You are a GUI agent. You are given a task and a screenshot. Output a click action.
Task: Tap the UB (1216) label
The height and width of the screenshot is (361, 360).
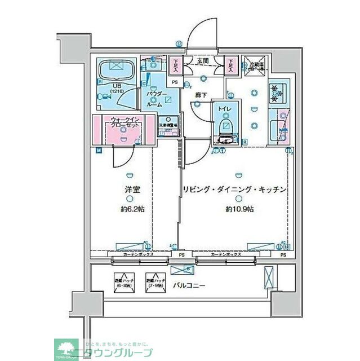(x=116, y=88)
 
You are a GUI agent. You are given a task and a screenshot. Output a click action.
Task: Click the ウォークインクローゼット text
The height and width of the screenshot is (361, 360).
(x=125, y=122)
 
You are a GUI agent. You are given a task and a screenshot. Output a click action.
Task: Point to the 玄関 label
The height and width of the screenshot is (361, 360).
(x=203, y=61)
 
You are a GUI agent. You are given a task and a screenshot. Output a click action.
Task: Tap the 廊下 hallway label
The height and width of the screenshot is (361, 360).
(x=200, y=95)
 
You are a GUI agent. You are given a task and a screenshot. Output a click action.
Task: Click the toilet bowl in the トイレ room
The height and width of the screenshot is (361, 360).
(x=226, y=126)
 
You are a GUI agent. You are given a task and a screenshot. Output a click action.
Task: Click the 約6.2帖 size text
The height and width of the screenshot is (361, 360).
(x=132, y=209)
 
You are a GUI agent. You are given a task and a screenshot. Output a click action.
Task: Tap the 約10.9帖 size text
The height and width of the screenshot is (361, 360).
(x=239, y=209)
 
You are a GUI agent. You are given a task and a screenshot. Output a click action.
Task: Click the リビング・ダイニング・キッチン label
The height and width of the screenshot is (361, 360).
(x=235, y=190)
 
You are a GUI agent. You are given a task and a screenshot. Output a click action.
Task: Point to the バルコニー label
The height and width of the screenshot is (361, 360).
(x=189, y=285)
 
